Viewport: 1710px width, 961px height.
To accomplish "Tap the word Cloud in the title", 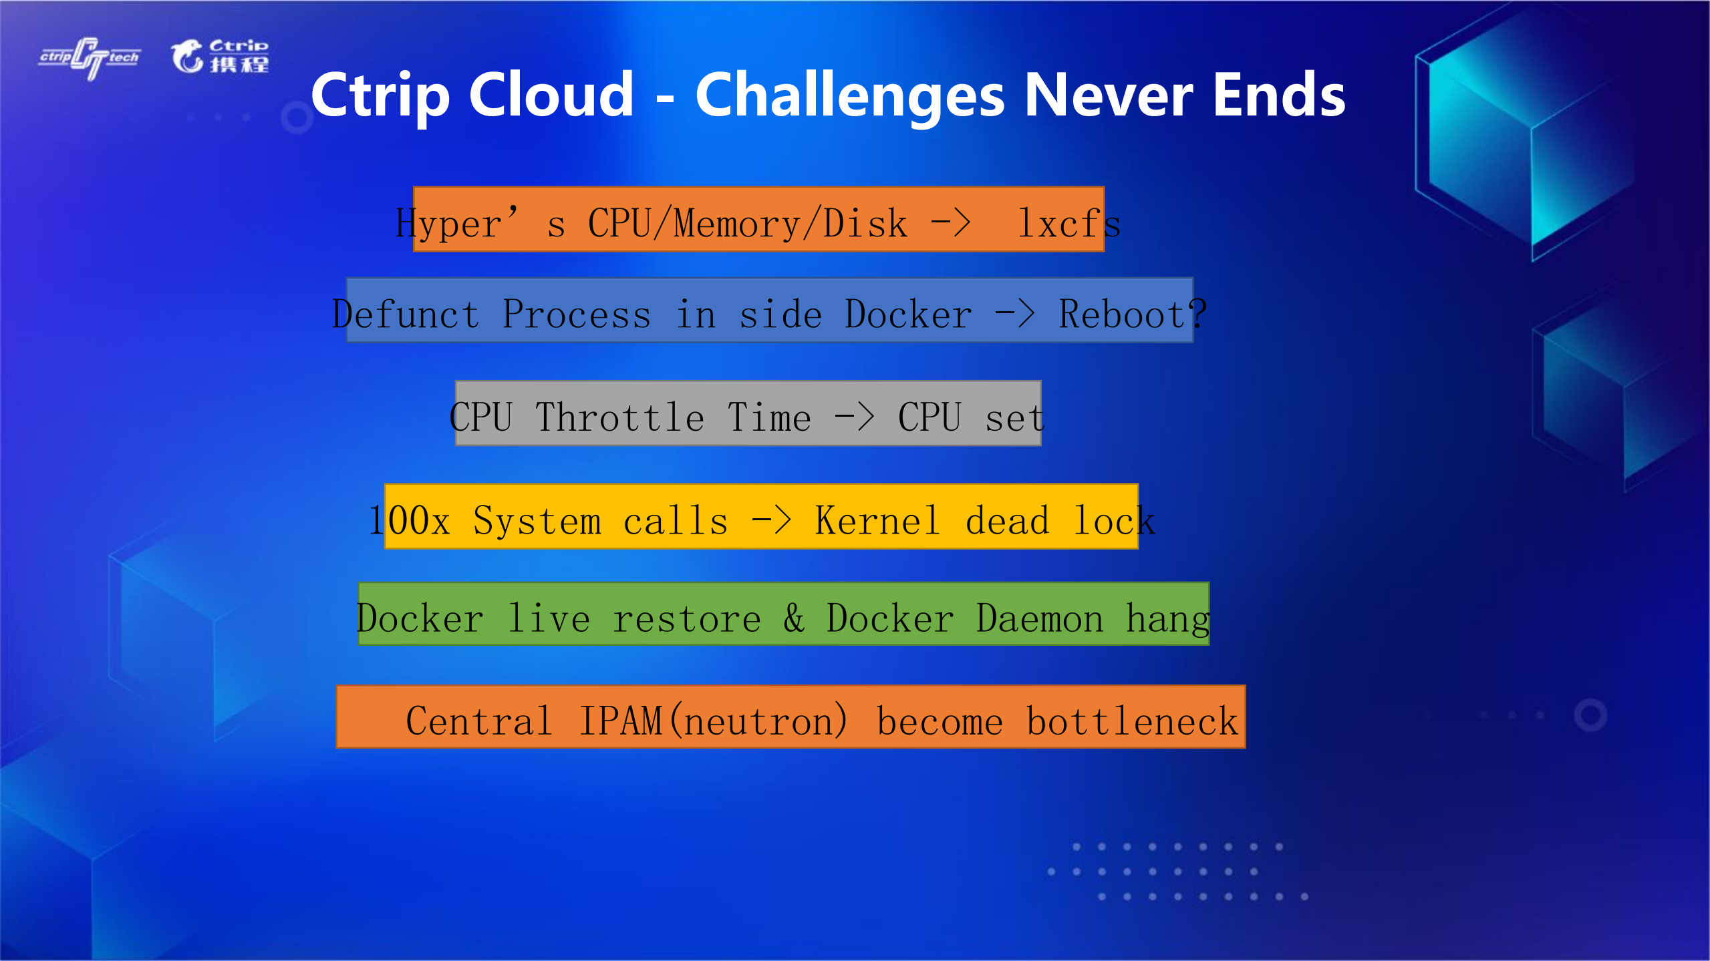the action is click(x=551, y=95).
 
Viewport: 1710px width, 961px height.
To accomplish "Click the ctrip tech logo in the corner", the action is click(x=90, y=58).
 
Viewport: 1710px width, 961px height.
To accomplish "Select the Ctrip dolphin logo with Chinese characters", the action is click(x=220, y=56).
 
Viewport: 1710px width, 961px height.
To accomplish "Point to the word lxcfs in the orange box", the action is click(x=1068, y=223).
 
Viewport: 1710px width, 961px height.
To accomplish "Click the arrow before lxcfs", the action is click(x=951, y=223).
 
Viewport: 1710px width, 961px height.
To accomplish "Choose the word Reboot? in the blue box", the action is click(x=1133, y=314).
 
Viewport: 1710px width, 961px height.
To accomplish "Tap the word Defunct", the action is click(x=406, y=314).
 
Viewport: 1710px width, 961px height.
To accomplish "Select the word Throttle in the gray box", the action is click(x=619, y=417).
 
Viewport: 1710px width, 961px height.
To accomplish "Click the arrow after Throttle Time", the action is click(x=855, y=417).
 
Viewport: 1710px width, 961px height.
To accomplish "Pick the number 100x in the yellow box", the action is click(x=410, y=521).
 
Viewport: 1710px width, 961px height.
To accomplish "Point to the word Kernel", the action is click(x=877, y=521).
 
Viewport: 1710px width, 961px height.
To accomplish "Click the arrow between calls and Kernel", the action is click(x=772, y=520).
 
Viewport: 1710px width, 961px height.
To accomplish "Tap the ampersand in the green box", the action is click(x=794, y=618).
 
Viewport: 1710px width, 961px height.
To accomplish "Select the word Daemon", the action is click(x=1039, y=618).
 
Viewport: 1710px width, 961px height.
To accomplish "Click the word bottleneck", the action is click(x=1133, y=721).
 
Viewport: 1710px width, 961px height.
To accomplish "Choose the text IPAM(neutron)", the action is click(x=714, y=721).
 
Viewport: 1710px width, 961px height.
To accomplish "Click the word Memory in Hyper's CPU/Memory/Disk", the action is click(x=737, y=223).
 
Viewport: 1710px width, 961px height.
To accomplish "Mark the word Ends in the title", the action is click(x=1279, y=95).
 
